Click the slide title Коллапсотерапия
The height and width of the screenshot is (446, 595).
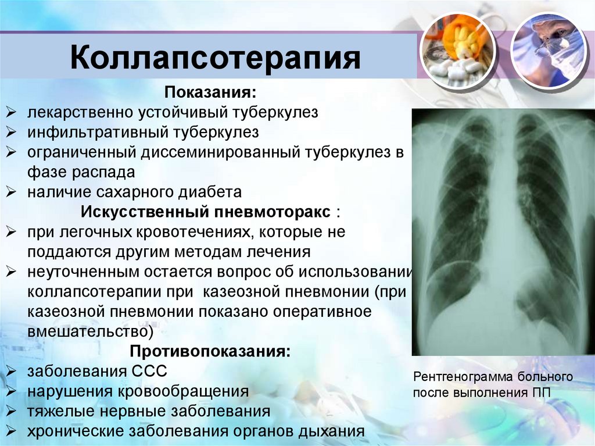216,58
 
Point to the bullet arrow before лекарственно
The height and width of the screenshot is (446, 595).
11,112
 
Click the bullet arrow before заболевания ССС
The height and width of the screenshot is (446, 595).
11,371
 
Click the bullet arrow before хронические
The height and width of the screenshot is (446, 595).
11,431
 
